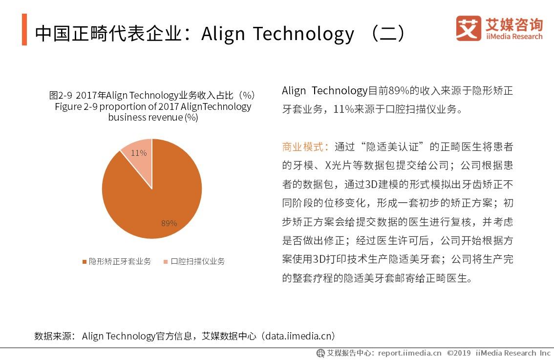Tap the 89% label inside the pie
coord(169,223)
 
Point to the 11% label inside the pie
coord(138,153)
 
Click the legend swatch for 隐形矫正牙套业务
coord(84,262)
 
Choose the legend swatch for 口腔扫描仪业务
coord(166,262)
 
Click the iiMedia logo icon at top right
coord(468,28)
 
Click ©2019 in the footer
coord(458,353)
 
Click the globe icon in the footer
coord(320,353)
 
